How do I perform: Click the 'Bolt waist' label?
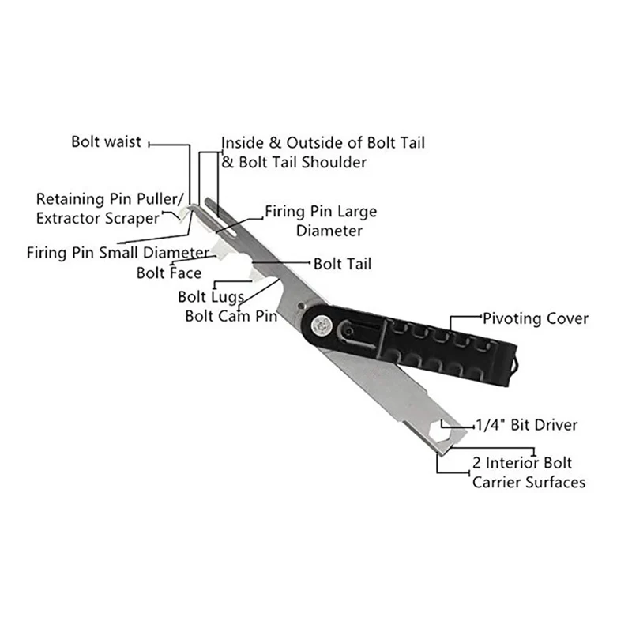[106, 142]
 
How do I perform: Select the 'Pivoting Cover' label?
[536, 318]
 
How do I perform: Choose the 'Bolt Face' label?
[169, 273]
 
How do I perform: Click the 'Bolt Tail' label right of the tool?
[342, 263]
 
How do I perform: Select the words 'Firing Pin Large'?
[320, 212]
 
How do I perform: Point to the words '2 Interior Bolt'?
[522, 463]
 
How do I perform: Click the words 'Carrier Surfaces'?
[529, 481]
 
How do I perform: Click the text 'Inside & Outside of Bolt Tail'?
[323, 143]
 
